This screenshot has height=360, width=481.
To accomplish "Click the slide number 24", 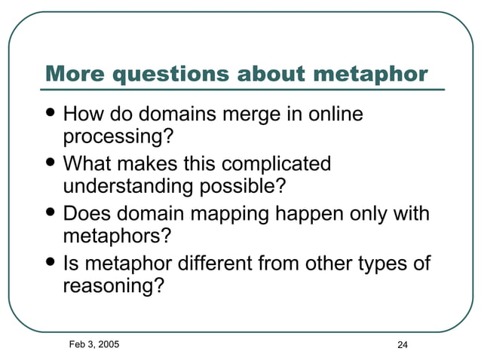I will (x=402, y=345).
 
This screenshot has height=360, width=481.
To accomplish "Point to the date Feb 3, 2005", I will (x=93, y=343).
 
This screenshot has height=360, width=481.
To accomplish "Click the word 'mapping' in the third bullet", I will (x=233, y=214).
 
